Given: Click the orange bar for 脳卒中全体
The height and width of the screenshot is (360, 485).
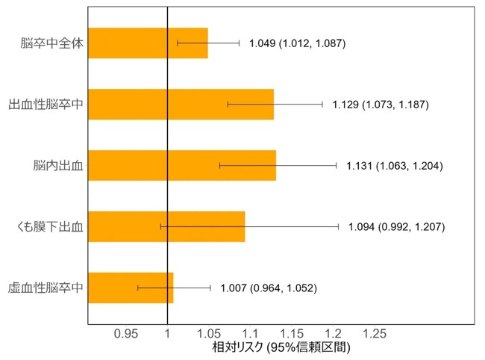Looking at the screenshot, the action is pos(148,43).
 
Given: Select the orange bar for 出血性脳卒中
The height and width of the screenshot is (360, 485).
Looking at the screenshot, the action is pos(181,105).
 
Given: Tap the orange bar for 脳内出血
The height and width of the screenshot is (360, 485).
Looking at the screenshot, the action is pos(182,165).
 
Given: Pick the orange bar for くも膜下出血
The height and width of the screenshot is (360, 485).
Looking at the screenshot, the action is pos(166,226).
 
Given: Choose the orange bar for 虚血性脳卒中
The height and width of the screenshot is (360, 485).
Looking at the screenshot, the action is pos(131,288).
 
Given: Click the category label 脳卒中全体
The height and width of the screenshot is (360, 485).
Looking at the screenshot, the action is pos(52,43).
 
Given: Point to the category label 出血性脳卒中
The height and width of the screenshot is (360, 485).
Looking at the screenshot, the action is pos(46,105).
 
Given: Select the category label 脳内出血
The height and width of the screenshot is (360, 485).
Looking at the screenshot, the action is pos(58,166).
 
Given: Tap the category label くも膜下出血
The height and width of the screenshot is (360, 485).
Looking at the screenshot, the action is pos(50,227).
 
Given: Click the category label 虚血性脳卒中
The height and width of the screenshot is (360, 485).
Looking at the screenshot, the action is pos(46,288).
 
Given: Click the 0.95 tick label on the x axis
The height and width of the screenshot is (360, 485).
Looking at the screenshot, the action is pos(126,334).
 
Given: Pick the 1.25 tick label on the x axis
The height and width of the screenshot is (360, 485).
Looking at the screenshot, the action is pos(375,334).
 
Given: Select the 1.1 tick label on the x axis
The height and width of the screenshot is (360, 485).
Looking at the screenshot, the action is pos(250,334).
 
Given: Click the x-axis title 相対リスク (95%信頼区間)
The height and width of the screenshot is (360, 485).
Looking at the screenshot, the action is pos(281,347).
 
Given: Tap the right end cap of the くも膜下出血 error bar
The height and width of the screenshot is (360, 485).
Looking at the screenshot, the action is pos(339,227).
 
